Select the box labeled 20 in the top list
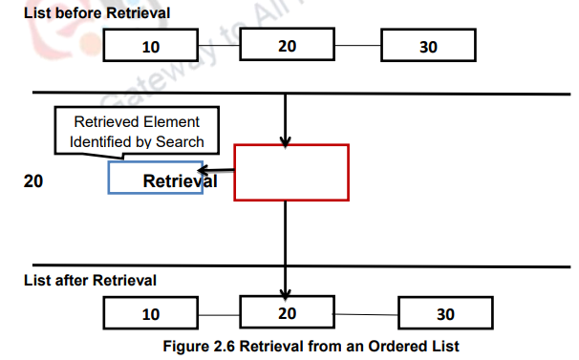[286, 44]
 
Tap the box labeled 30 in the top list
[428, 46]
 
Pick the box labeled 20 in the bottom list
[286, 312]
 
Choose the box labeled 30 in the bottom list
[445, 314]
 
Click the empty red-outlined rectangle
[290, 173]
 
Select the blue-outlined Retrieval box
[156, 179]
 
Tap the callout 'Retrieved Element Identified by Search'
[137, 132]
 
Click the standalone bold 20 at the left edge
[32, 180]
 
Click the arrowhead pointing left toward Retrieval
[204, 172]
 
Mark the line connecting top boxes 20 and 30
[356, 45]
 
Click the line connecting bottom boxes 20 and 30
[365, 313]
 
